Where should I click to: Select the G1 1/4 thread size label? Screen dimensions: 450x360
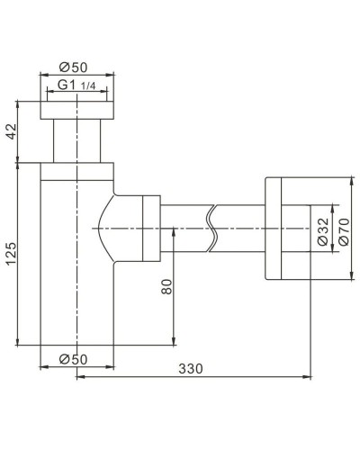pyautogui.click(x=78, y=85)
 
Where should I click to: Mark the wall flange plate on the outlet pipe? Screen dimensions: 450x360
pyautogui.click(x=272, y=229)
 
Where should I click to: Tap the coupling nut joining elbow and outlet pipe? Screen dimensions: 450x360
pyautogui.click(x=144, y=230)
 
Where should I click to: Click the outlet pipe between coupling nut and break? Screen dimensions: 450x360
pyautogui.click(x=184, y=230)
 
